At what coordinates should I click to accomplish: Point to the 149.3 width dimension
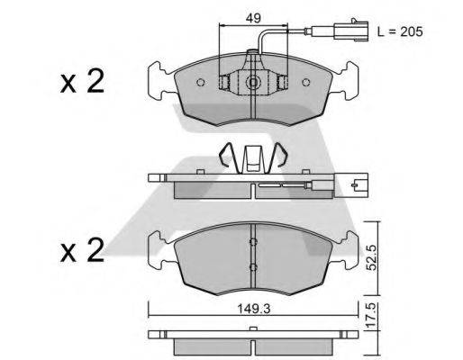pos(254,303)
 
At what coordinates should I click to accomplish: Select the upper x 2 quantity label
pos(83,83)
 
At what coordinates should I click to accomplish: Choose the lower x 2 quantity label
pos(83,251)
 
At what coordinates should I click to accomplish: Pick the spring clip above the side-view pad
pos(253,158)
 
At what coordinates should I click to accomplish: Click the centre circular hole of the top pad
pos(254,84)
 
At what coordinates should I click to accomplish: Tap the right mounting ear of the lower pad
pos(348,247)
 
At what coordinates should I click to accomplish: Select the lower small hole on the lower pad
pos(254,268)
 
